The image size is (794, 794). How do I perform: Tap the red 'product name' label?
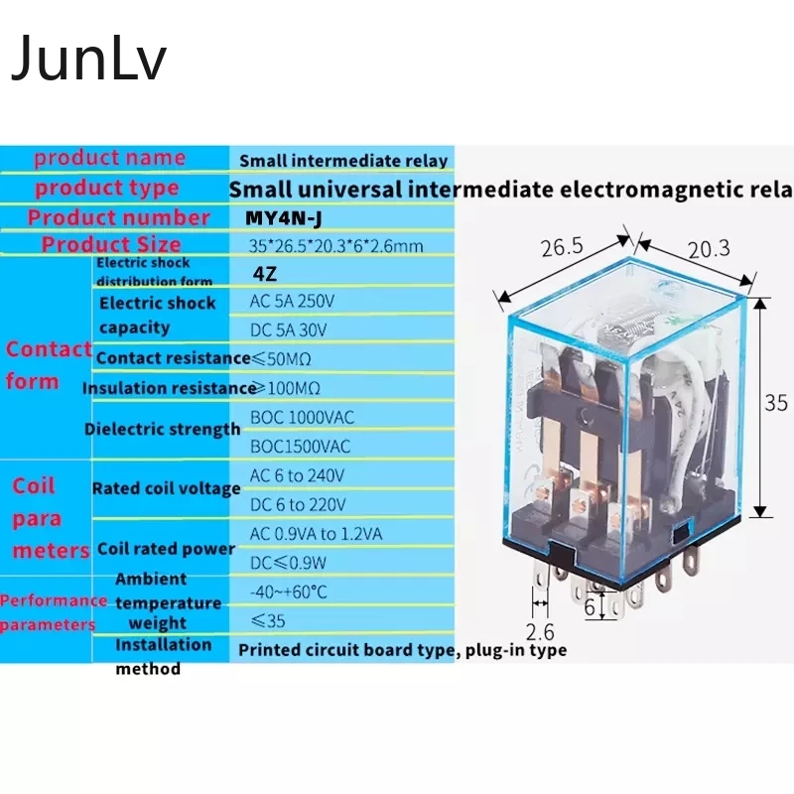[x=109, y=158]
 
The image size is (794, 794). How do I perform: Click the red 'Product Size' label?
[x=111, y=244]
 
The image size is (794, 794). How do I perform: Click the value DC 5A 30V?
[x=288, y=329]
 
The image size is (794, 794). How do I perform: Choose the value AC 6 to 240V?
[x=297, y=476]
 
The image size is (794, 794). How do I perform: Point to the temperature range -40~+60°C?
[x=289, y=593]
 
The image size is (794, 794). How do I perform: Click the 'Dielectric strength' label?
[x=163, y=430]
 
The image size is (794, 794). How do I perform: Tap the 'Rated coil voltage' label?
[x=166, y=488]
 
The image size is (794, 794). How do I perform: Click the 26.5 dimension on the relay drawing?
[x=562, y=247]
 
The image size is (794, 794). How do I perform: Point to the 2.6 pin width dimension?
[x=541, y=631]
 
